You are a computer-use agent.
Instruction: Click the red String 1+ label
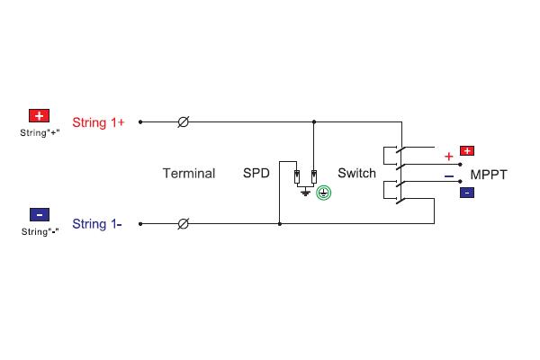[98, 122]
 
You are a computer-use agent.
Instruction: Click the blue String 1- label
[97, 224]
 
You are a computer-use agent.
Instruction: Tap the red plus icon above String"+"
[39, 115]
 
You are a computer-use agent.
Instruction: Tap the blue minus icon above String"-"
[40, 214]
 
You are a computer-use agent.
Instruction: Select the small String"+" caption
[40, 132]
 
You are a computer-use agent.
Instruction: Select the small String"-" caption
[40, 231]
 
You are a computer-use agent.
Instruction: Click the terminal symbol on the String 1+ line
[184, 122]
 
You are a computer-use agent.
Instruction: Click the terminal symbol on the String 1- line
[184, 224]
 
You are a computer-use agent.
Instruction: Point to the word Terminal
[189, 174]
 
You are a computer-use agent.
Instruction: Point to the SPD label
[256, 173]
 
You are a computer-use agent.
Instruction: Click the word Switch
[356, 173]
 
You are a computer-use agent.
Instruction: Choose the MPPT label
[489, 175]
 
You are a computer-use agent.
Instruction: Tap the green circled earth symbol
[324, 193]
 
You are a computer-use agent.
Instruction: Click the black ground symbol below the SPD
[305, 193]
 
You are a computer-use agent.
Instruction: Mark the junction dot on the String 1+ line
[314, 122]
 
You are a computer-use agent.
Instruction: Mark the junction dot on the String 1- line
[280, 224]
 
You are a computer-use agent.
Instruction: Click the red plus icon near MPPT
[467, 150]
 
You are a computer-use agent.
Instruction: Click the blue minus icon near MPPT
[467, 193]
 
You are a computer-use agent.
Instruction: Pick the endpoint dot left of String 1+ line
[140, 122]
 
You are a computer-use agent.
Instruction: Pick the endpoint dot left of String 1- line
[140, 224]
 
